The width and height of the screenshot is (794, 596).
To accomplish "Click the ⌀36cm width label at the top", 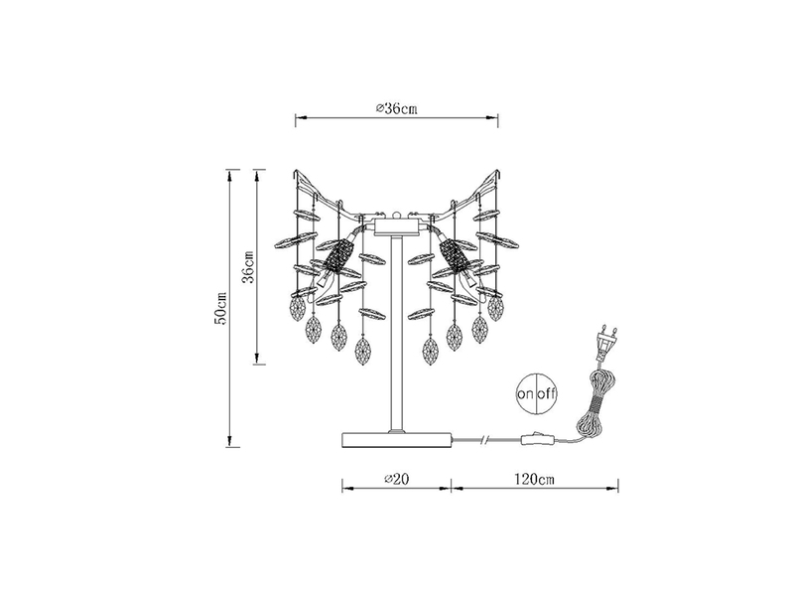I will (395, 108).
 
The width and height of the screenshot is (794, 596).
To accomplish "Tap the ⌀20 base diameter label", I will (397, 479).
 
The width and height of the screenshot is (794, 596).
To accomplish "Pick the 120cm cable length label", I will (535, 479).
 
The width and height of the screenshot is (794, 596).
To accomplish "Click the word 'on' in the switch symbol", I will (525, 394).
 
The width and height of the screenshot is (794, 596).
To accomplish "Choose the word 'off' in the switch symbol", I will (547, 394).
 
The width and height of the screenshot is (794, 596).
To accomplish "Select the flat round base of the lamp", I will (397, 439).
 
